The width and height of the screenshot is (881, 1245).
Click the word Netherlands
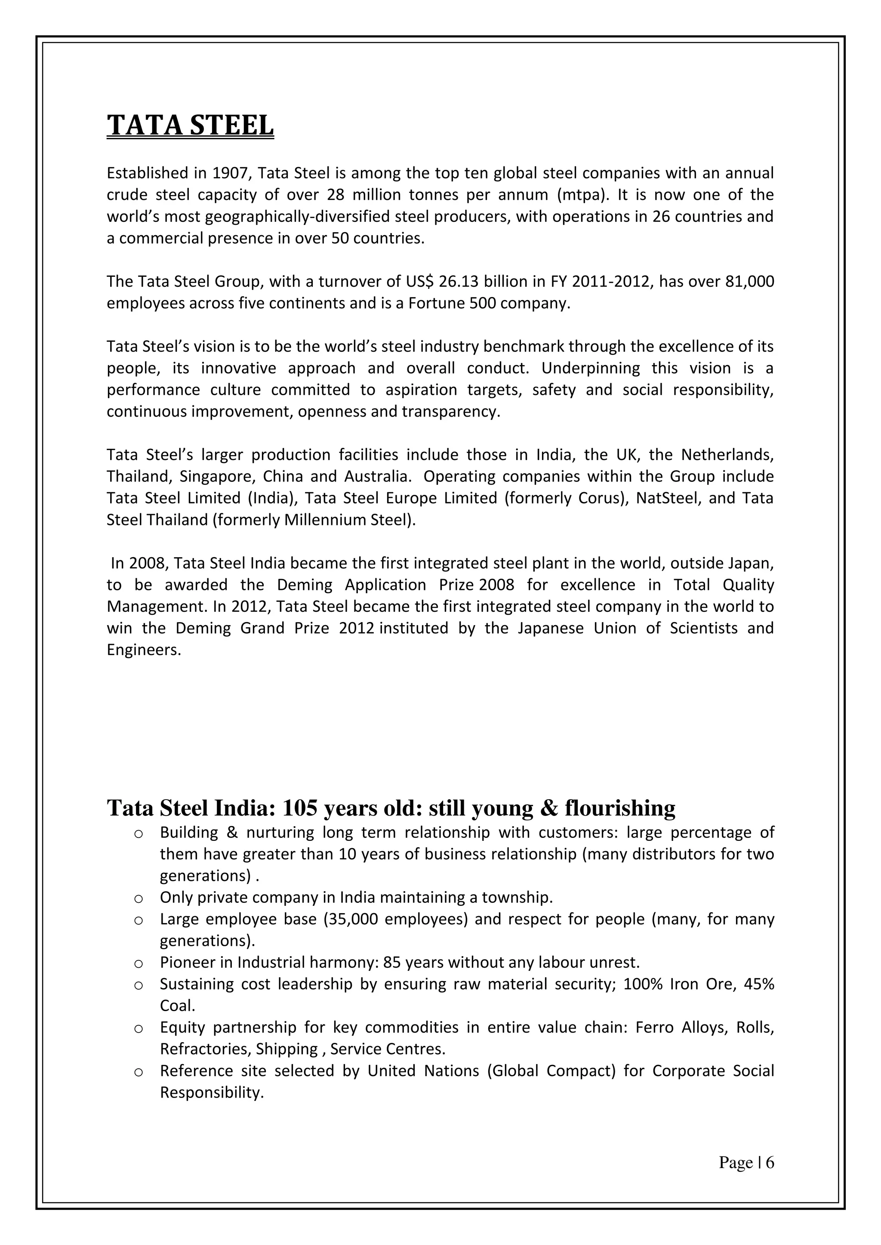pos(727,454)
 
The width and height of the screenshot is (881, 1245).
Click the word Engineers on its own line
pos(143,650)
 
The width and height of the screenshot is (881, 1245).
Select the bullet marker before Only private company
pos(139,899)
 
